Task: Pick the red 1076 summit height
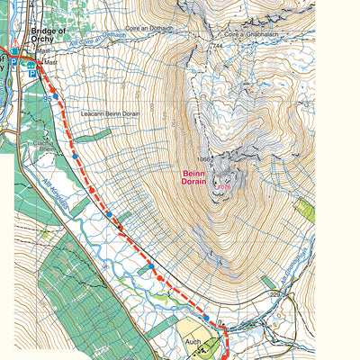click(223, 187)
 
